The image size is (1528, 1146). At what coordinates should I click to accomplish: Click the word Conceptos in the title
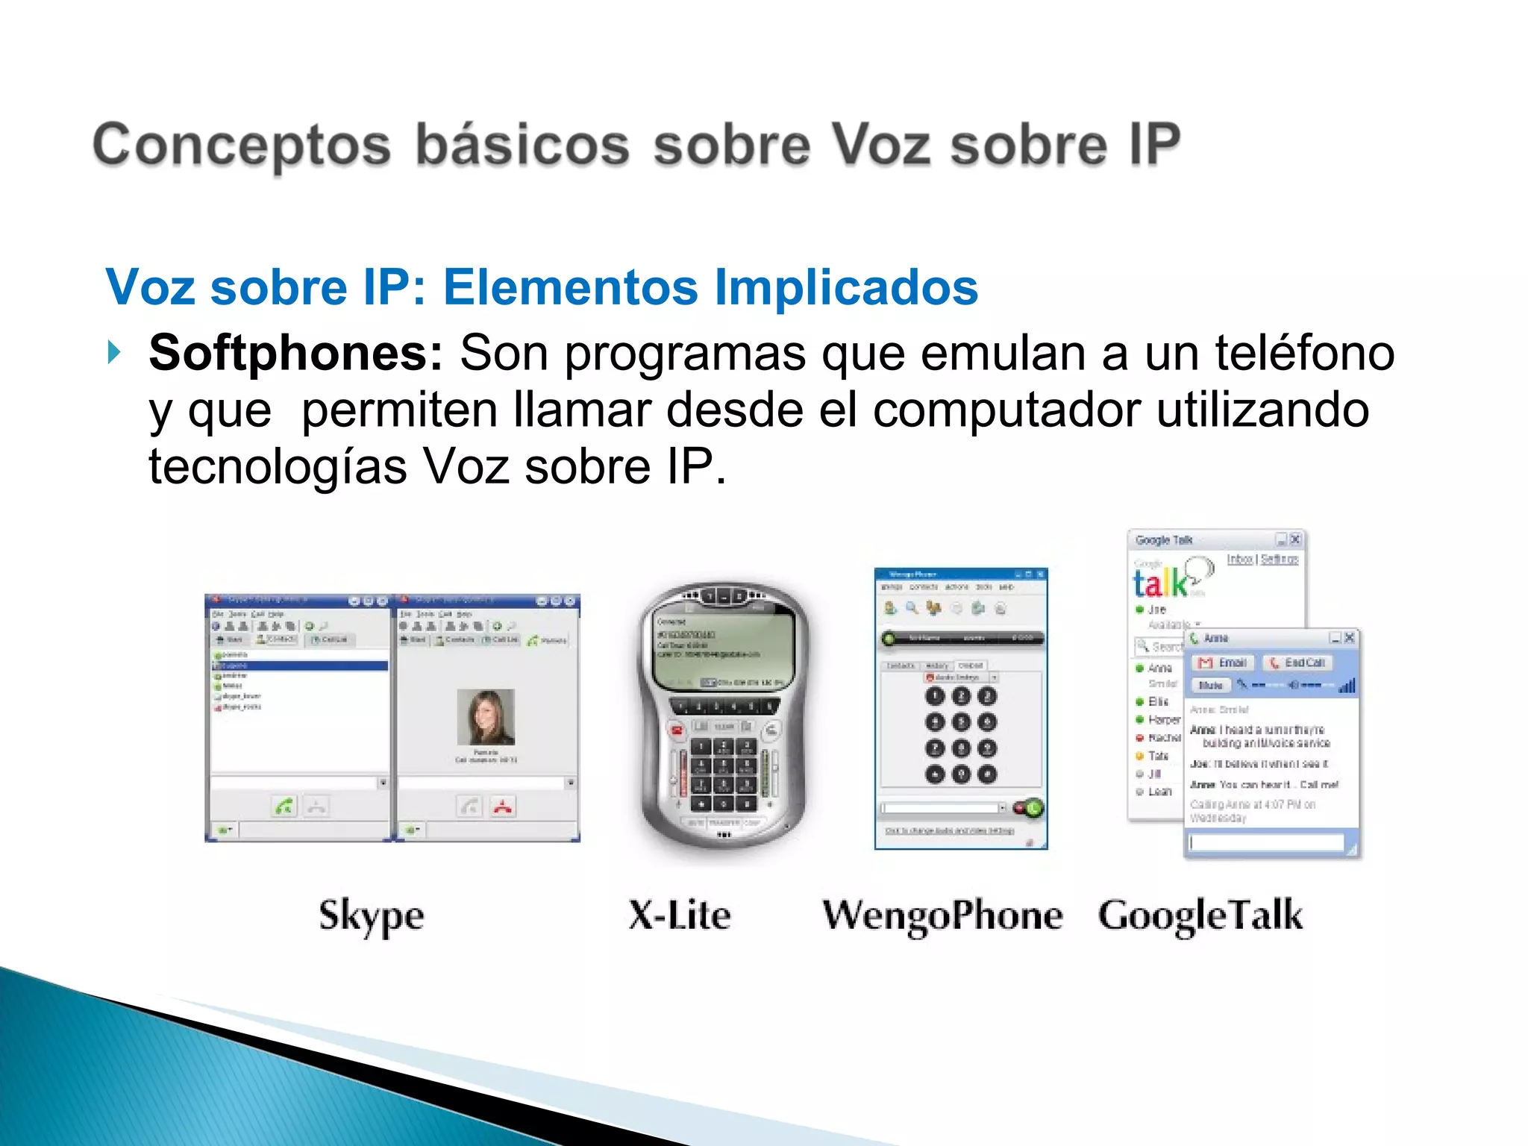point(241,145)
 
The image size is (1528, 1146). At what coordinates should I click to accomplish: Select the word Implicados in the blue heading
point(846,287)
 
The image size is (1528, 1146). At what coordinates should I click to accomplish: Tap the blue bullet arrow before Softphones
point(113,351)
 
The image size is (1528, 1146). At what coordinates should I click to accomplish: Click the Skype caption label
point(371,916)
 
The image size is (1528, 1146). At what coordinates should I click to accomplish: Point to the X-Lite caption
point(679,915)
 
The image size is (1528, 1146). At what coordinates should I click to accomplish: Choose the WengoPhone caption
point(942,916)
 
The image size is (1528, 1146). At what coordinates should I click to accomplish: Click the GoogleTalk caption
point(1200,916)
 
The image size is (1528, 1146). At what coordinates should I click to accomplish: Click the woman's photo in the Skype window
point(486,716)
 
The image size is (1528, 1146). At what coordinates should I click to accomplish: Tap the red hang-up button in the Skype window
point(504,807)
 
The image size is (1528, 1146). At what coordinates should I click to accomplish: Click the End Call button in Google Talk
point(1299,663)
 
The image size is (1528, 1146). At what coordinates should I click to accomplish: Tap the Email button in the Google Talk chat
point(1224,663)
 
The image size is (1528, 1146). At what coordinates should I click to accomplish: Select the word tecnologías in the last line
point(278,467)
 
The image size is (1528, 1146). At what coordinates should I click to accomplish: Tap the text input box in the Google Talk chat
point(1266,842)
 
